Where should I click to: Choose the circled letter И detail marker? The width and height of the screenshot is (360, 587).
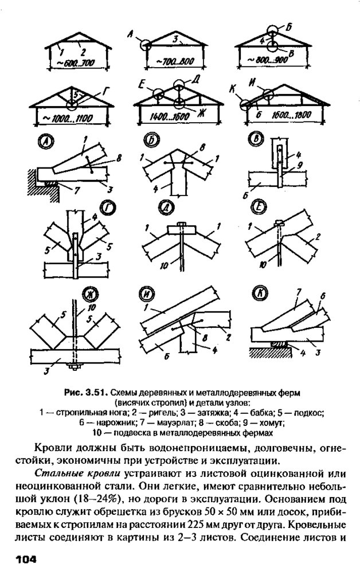[150, 296]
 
